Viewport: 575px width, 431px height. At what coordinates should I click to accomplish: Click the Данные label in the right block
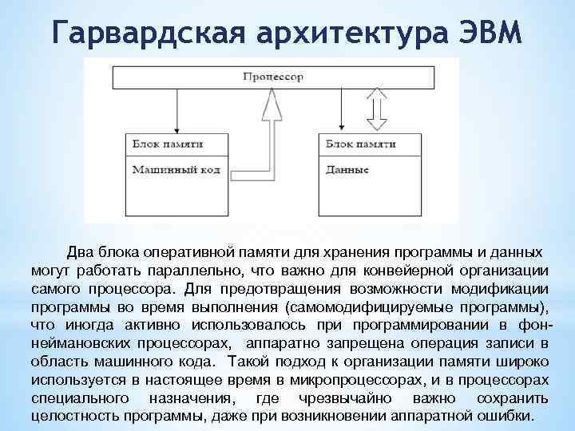tap(348, 170)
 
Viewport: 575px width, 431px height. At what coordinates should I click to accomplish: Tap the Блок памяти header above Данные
tap(361, 144)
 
